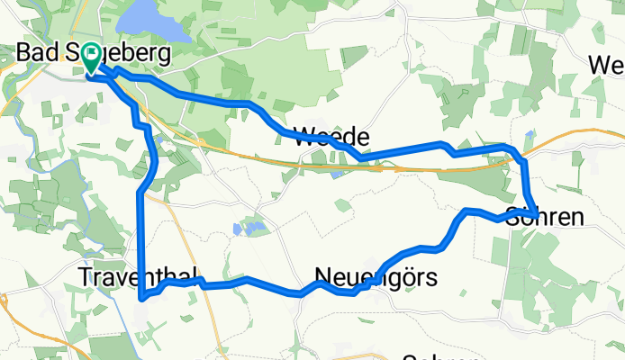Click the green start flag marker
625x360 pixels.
click(x=92, y=58)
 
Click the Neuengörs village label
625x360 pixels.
click(x=376, y=277)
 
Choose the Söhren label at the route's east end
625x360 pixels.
click(x=545, y=217)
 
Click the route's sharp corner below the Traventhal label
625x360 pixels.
click(x=142, y=296)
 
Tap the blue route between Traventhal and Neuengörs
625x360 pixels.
click(x=243, y=283)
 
